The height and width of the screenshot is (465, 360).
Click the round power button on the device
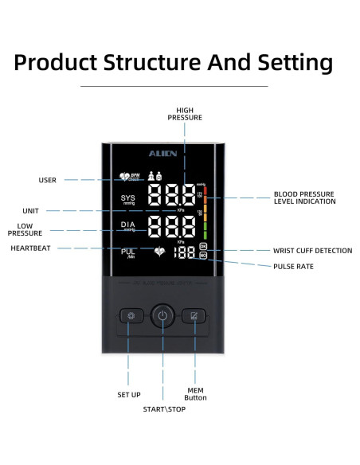[x=162, y=315]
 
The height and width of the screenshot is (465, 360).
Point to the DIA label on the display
[x=128, y=226]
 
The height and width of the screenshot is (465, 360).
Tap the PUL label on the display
[x=128, y=252]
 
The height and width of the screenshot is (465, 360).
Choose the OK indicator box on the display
[x=202, y=248]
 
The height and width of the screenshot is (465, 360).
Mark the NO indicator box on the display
[x=202, y=259]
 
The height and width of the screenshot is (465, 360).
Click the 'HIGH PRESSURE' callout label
[x=184, y=114]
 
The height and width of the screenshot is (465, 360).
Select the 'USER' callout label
[x=48, y=180]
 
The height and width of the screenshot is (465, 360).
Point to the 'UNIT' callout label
[x=31, y=211]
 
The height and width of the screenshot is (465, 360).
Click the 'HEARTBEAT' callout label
[x=30, y=248]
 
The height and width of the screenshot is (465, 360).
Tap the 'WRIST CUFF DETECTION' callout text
[x=312, y=251]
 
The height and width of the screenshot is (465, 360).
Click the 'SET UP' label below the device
[x=129, y=394]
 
